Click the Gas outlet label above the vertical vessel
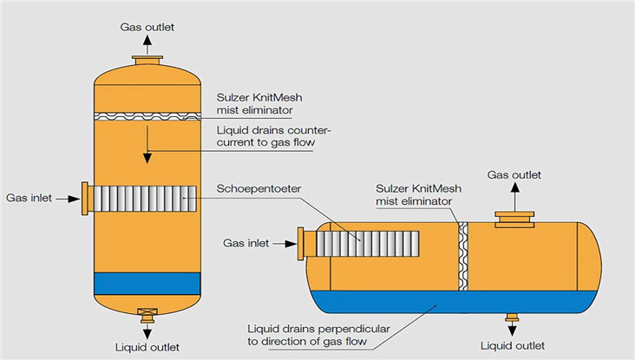[147, 27]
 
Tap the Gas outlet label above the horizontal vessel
[514, 174]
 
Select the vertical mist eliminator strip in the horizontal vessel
[462, 257]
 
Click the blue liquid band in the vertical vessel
[147, 283]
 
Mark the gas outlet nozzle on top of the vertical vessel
[147, 60]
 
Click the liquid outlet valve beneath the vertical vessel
[147, 312]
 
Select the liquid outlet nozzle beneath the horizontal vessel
[513, 316]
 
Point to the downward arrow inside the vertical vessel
[147, 143]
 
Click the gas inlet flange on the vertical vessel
[84, 199]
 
